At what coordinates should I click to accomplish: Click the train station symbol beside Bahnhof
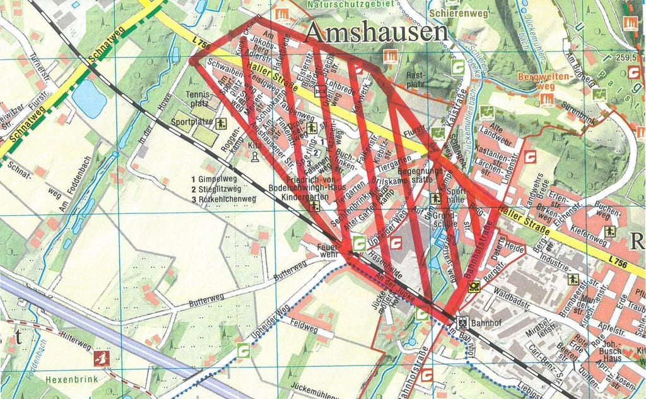click(x=462, y=321)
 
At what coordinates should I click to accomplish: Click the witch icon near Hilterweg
click(x=101, y=359)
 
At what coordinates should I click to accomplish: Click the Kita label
click(x=254, y=145)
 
